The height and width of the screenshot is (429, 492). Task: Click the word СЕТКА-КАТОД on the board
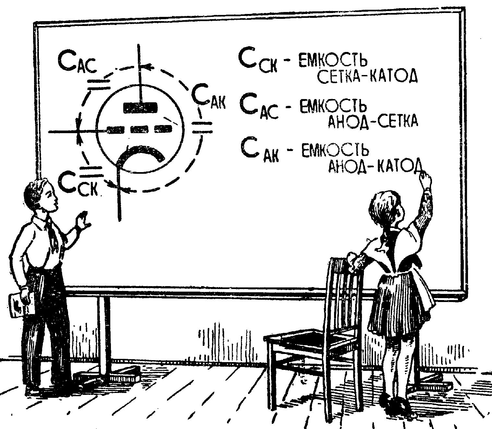[366, 77]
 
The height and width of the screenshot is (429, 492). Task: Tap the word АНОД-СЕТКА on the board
[373, 122]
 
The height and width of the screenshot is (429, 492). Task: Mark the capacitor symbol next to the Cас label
[98, 84]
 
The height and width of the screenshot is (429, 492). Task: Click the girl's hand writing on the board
[425, 179]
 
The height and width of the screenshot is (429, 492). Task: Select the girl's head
[386, 211]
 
